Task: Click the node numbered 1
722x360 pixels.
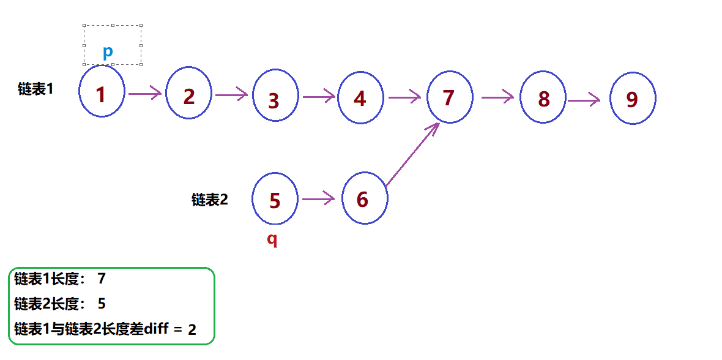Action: pyautogui.click(x=102, y=92)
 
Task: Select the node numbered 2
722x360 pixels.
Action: pyautogui.click(x=189, y=95)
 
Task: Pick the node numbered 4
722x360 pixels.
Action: pyautogui.click(x=360, y=97)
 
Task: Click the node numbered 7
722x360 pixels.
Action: pyautogui.click(x=450, y=96)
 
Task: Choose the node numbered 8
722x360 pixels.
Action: pyautogui.click(x=543, y=98)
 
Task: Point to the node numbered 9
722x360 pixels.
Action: pyautogui.click(x=633, y=99)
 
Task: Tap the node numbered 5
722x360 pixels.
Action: pyautogui.click(x=275, y=199)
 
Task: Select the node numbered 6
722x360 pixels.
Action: pyautogui.click(x=364, y=198)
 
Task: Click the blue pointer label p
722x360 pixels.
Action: pyautogui.click(x=108, y=52)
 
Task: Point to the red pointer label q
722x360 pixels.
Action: pyautogui.click(x=272, y=240)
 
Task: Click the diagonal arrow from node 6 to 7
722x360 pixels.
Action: pyautogui.click(x=412, y=154)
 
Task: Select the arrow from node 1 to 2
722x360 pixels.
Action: pyautogui.click(x=145, y=94)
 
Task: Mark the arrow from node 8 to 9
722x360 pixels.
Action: pyautogui.click(x=584, y=100)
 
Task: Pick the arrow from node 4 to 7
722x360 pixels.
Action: pyautogui.click(x=404, y=96)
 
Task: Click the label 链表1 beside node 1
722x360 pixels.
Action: pyautogui.click(x=35, y=89)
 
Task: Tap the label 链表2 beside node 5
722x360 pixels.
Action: pyautogui.click(x=209, y=200)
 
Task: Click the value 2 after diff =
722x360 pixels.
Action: pyautogui.click(x=192, y=329)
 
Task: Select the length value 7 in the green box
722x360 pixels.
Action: pyautogui.click(x=102, y=279)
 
